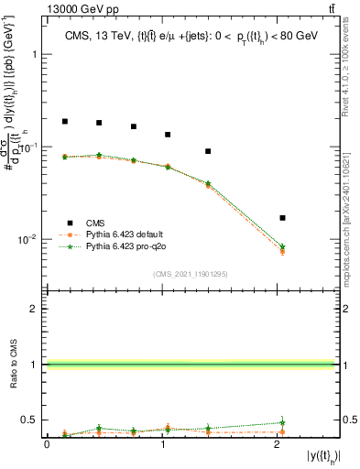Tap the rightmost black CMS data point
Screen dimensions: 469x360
pyautogui.click(x=282, y=218)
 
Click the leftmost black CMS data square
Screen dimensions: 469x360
pyautogui.click(x=65, y=121)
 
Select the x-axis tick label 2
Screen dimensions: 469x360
pyautogui.click(x=276, y=444)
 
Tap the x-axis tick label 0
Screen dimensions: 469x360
pyautogui.click(x=47, y=444)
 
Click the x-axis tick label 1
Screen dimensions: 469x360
pyautogui.click(x=161, y=444)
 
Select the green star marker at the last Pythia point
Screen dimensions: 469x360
pyautogui.click(x=282, y=247)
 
